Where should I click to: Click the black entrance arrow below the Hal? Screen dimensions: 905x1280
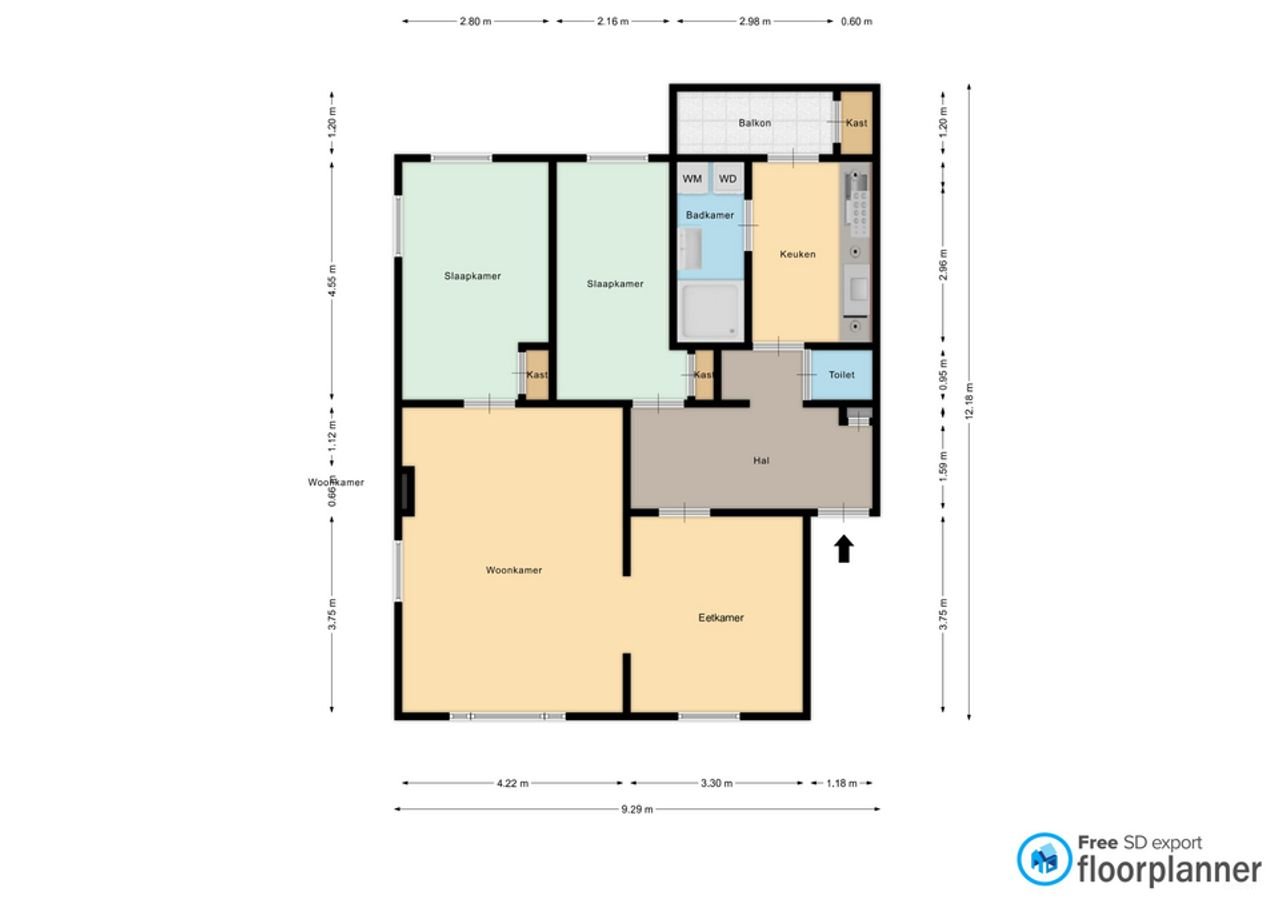(x=844, y=548)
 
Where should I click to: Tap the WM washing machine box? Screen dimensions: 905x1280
(x=692, y=179)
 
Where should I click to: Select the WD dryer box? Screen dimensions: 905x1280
(x=728, y=179)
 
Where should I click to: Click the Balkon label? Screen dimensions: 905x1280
(x=754, y=123)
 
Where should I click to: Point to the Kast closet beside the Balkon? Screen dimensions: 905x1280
(x=856, y=123)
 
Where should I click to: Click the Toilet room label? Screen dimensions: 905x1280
(x=841, y=375)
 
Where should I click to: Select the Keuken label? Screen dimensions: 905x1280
(x=797, y=254)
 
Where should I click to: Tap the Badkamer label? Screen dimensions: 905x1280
(x=710, y=215)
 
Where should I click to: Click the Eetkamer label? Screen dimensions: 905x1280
(x=720, y=618)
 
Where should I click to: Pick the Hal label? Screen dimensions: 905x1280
(x=760, y=461)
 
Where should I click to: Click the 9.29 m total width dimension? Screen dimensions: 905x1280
(x=636, y=810)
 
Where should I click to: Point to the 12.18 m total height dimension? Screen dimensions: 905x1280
(x=968, y=402)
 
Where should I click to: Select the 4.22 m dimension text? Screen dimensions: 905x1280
(x=512, y=784)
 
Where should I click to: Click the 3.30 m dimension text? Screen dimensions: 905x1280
(x=716, y=784)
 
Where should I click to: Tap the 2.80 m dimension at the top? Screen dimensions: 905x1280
(x=476, y=21)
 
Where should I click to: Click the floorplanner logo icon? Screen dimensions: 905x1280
(x=1044, y=859)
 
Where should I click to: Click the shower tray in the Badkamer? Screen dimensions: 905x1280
(x=710, y=311)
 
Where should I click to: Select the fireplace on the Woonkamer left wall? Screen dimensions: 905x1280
(x=407, y=491)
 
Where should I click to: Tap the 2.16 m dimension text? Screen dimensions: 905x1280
(x=613, y=21)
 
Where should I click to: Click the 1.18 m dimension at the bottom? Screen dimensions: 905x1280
(x=841, y=784)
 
